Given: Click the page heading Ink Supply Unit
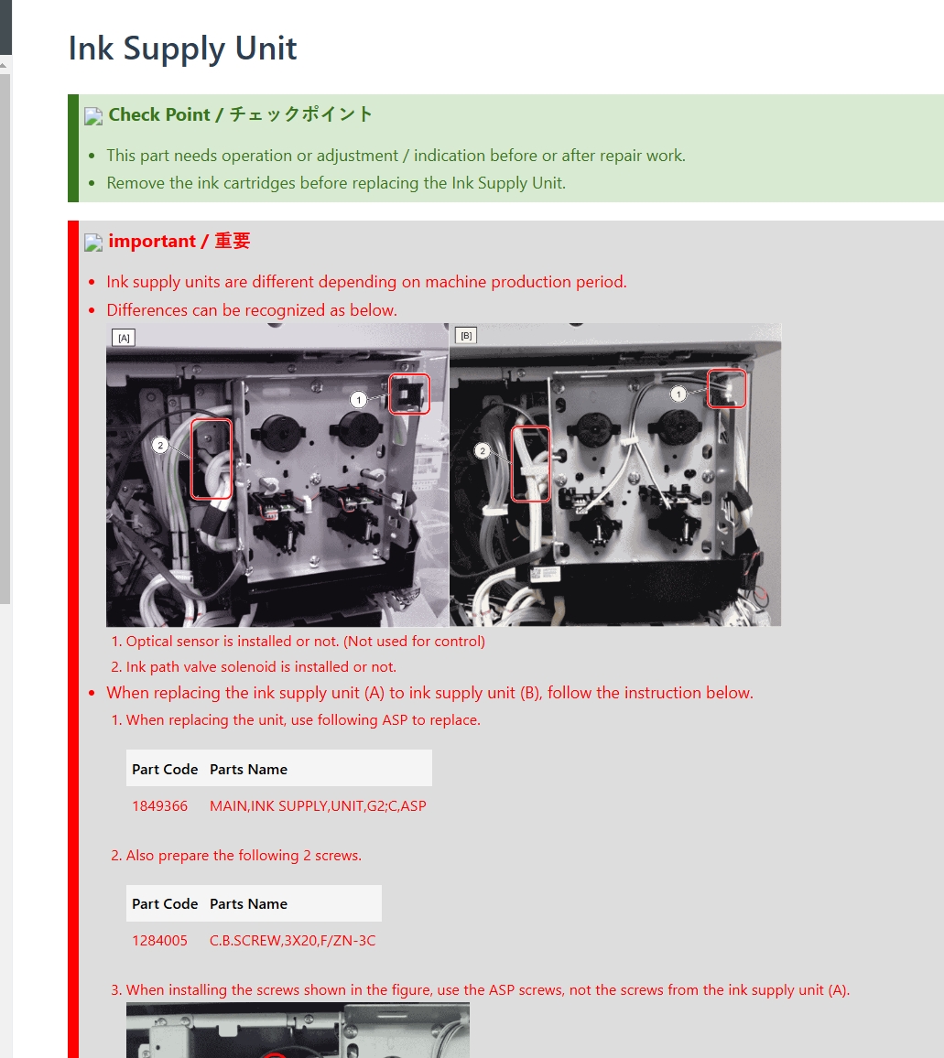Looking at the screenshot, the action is [182, 49].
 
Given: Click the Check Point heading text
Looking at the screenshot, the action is [241, 114].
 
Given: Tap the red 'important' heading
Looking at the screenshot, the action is [179, 241].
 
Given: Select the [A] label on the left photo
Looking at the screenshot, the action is [124, 338].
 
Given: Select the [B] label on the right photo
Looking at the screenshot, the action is [466, 335].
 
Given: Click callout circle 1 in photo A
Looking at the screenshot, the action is [359, 399].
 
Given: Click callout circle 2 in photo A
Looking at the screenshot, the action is [160, 446].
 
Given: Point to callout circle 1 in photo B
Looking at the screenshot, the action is [678, 394].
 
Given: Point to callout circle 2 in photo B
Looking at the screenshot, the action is [483, 450].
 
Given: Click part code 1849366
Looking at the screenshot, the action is [160, 805].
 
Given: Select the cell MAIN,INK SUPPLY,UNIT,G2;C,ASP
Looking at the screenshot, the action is [318, 805].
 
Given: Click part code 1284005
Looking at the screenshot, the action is [160, 941].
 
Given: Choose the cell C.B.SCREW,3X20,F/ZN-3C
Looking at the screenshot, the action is [292, 941].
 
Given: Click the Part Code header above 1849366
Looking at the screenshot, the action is [165, 769].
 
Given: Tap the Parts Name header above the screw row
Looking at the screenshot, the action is [248, 904].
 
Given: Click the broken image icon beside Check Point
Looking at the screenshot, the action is [93, 116].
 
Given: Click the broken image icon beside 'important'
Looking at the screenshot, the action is [93, 243].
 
